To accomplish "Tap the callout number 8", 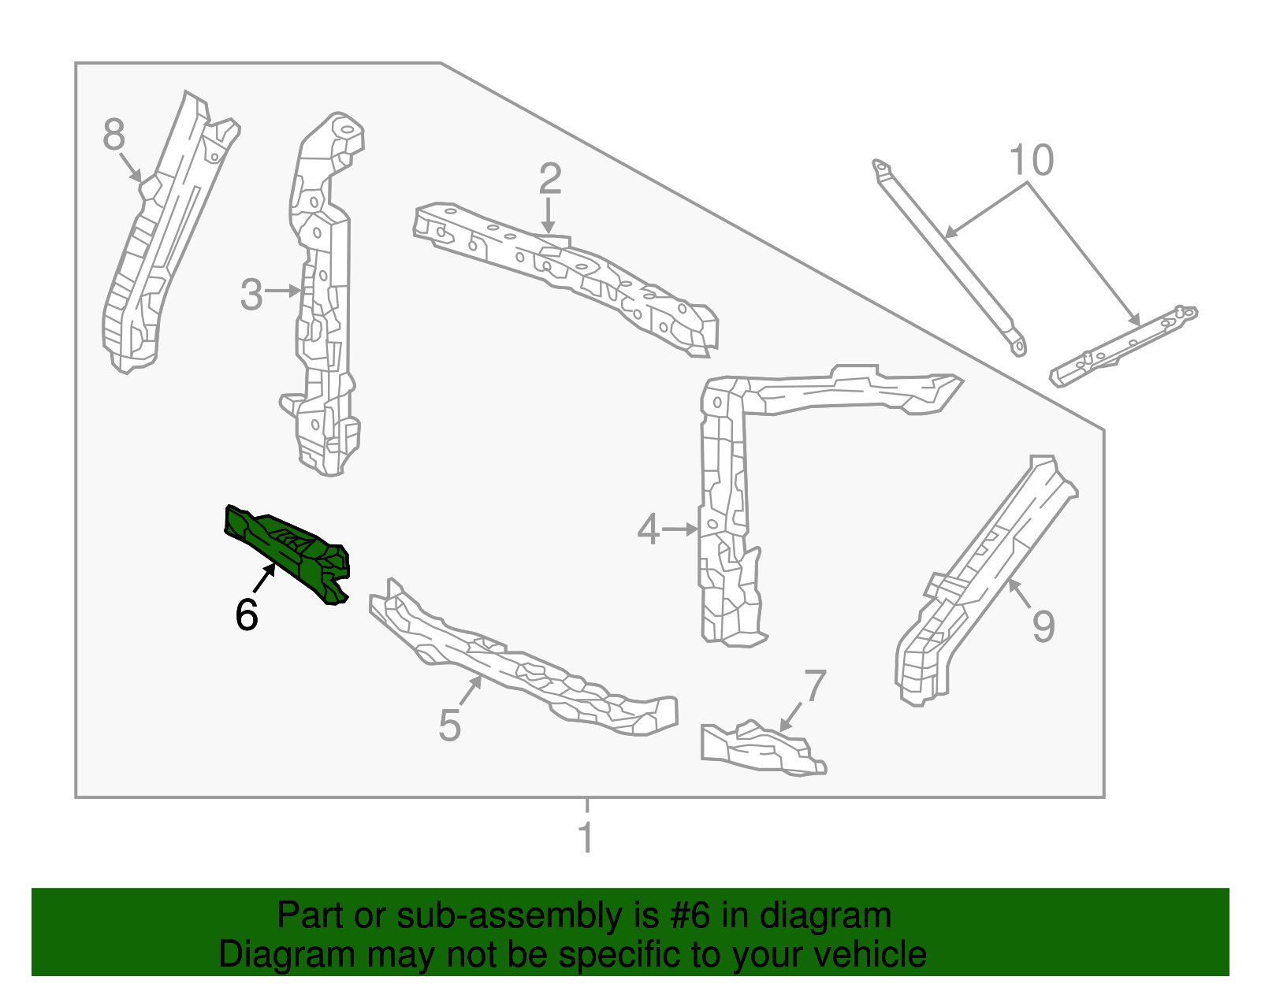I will click(114, 135).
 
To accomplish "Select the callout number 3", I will click(251, 295).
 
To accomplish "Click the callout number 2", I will click(549, 179).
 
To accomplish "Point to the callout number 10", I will click(1031, 161).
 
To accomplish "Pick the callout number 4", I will click(648, 529).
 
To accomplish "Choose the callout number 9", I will click(1043, 626).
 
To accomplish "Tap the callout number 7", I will click(815, 686).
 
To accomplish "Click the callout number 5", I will click(449, 725).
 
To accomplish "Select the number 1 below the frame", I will click(586, 837).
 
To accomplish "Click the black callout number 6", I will click(247, 615).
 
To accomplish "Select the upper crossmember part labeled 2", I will click(567, 276).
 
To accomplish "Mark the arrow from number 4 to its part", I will click(680, 529).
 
